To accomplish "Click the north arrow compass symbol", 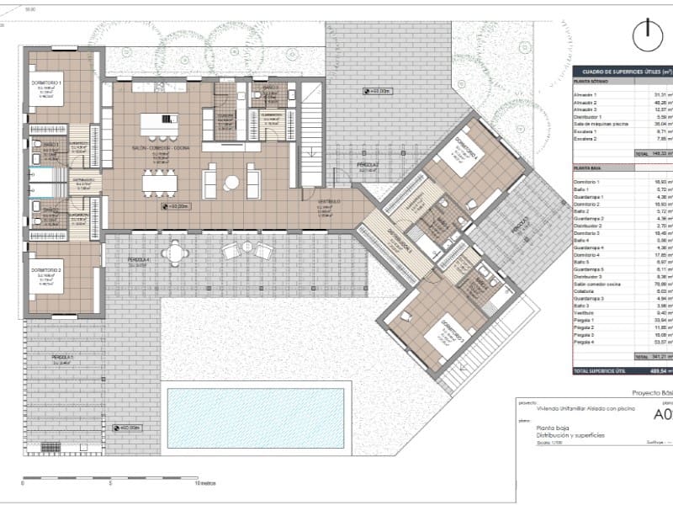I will point(645,36).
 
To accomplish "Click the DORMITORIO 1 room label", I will point(48,82).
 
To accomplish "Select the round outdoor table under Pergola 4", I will point(175,252).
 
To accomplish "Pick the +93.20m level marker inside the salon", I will point(175,205).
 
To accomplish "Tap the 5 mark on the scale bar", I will point(110,485).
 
